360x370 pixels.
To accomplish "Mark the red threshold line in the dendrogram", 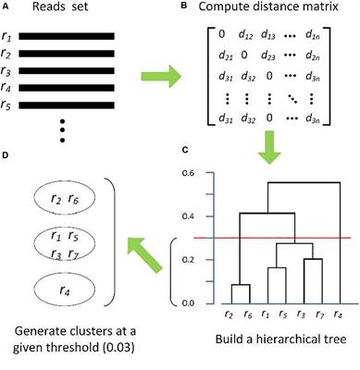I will point(278,238).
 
